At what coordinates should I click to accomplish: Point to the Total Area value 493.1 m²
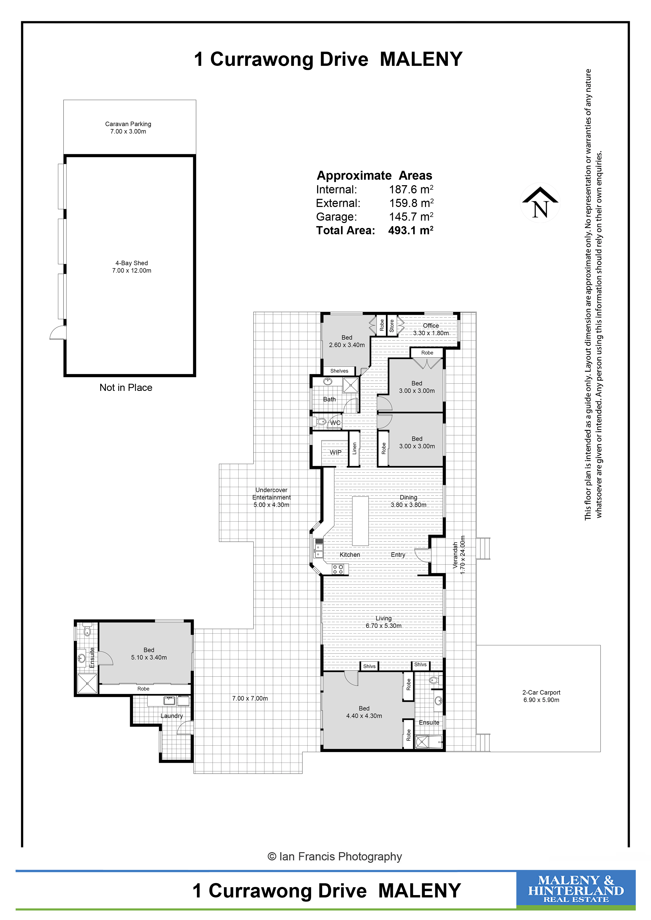pyautogui.click(x=411, y=230)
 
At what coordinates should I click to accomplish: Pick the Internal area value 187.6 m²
pyautogui.click(x=411, y=189)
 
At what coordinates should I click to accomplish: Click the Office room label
pyautogui.click(x=431, y=326)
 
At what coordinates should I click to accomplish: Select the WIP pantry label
pyautogui.click(x=335, y=452)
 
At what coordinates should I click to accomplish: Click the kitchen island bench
pyautogui.click(x=360, y=521)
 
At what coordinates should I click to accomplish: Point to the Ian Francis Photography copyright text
pyautogui.click(x=334, y=857)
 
